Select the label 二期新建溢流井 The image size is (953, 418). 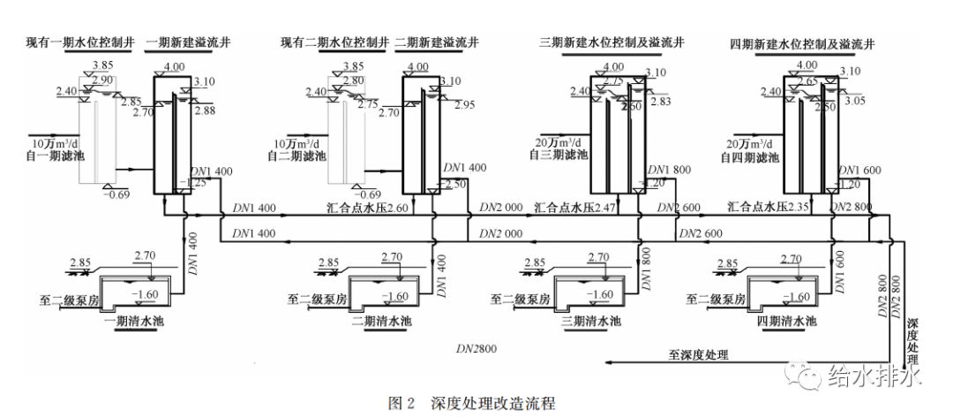[438, 42]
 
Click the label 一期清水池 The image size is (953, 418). [129, 320]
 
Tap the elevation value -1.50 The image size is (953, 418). [456, 183]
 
